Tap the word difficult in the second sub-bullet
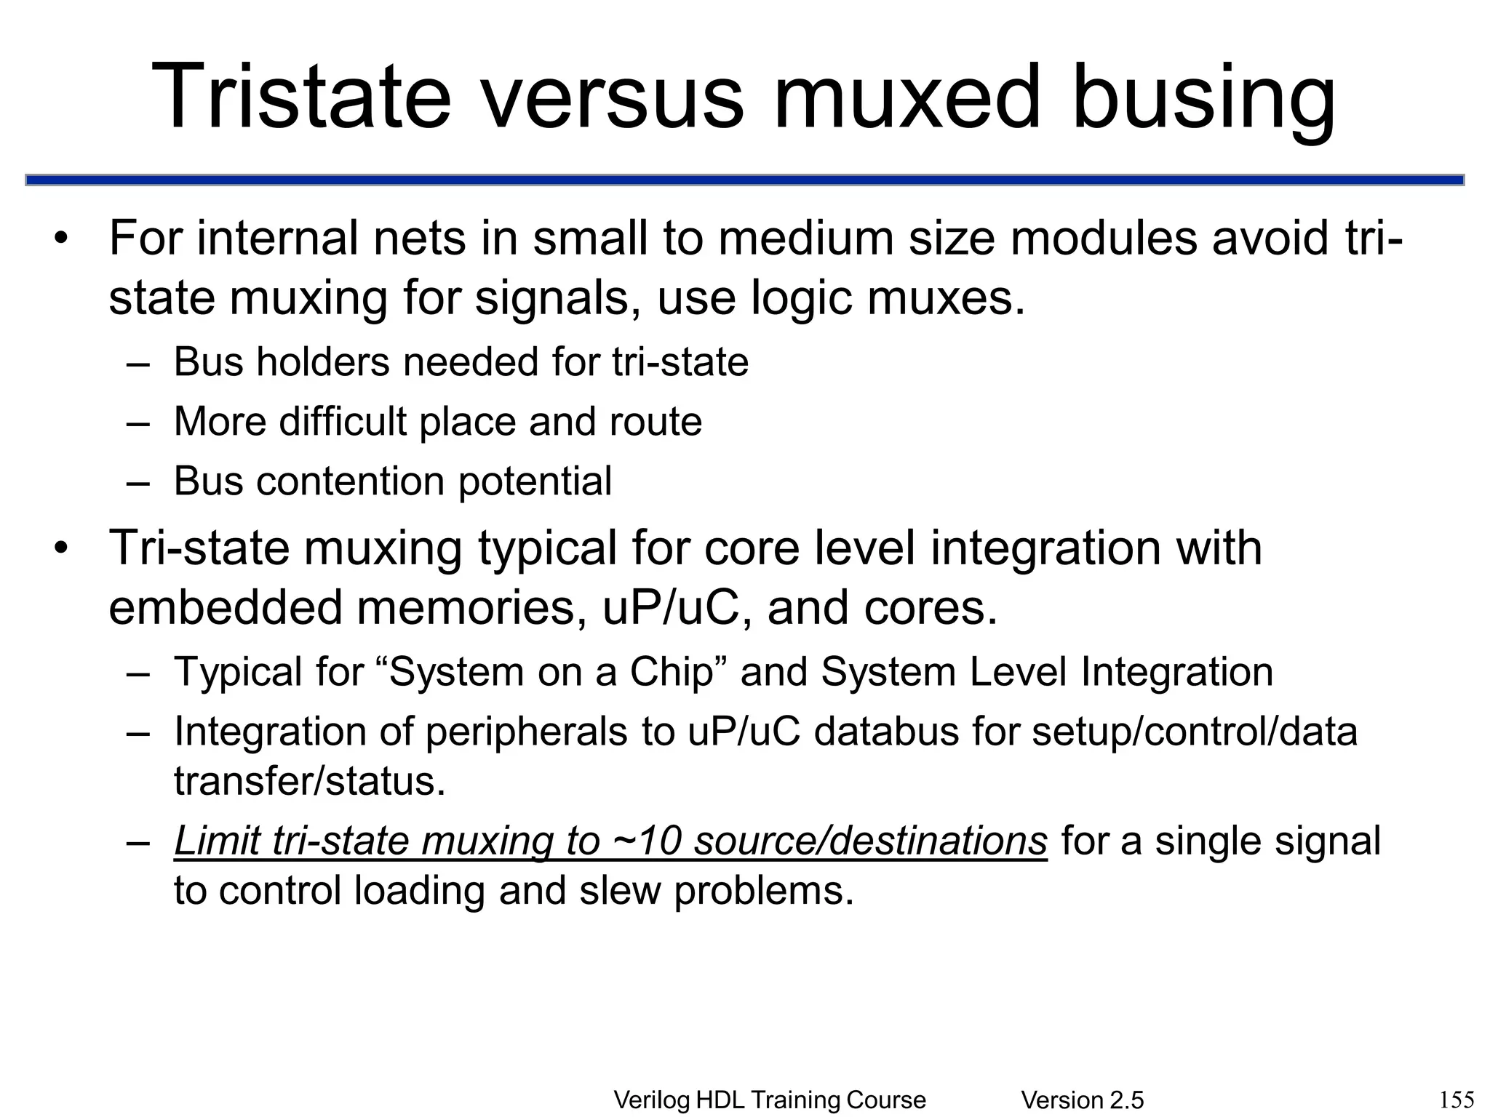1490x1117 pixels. (343, 421)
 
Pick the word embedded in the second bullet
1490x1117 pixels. (225, 607)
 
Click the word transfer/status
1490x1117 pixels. (309, 781)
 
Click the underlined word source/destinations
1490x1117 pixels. (870, 841)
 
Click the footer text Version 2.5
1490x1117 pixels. (1082, 1100)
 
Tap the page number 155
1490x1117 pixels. (1457, 1100)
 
